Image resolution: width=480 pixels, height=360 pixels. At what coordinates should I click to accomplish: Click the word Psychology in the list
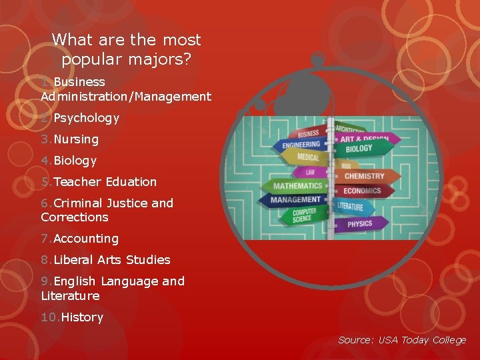coord(86,119)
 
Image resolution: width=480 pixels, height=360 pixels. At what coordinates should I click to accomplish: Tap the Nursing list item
coord(75,140)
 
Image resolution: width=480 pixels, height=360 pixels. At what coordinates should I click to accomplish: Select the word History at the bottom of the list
coord(82,318)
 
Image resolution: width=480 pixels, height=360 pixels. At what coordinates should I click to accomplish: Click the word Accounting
coord(85,239)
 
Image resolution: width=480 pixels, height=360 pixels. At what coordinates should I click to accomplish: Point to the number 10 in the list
coord(49,318)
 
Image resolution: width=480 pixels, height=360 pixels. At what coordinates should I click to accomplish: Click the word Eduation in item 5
coord(131,182)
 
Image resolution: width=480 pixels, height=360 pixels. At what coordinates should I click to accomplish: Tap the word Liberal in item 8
coord(73,260)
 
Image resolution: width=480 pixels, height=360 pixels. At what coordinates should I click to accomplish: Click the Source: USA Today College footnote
coord(402,340)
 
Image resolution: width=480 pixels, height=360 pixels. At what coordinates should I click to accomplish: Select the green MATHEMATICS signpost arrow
coord(297,185)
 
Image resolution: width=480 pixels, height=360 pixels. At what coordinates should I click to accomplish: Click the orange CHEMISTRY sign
coord(365,177)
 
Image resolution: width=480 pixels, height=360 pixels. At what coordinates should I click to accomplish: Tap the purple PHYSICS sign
coord(361,224)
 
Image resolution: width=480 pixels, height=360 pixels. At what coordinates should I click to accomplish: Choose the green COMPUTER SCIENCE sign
coord(303,215)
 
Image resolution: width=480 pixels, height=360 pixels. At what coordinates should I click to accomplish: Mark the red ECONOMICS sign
coord(362,191)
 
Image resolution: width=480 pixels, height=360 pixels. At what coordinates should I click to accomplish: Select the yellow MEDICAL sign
coord(308,158)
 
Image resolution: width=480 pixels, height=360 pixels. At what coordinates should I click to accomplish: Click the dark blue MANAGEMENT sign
coord(296,199)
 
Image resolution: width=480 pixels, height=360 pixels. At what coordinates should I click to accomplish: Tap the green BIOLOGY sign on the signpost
coord(359,149)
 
